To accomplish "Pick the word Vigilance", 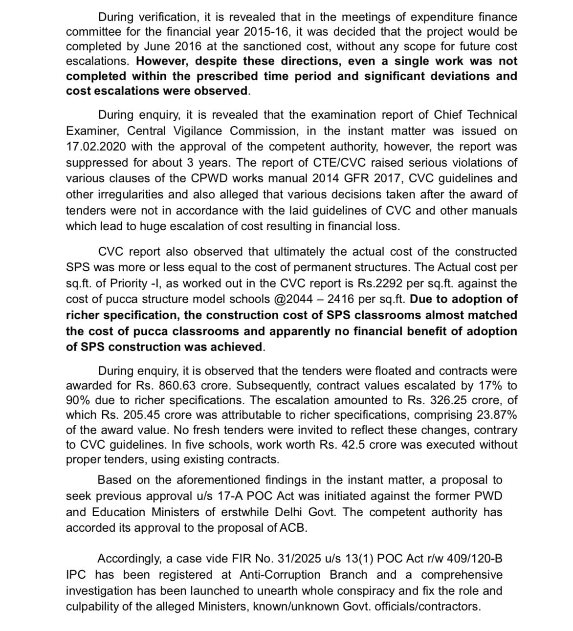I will [x=194, y=131].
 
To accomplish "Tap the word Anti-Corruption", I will [x=280, y=575].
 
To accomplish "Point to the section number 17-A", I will [x=231, y=496].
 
